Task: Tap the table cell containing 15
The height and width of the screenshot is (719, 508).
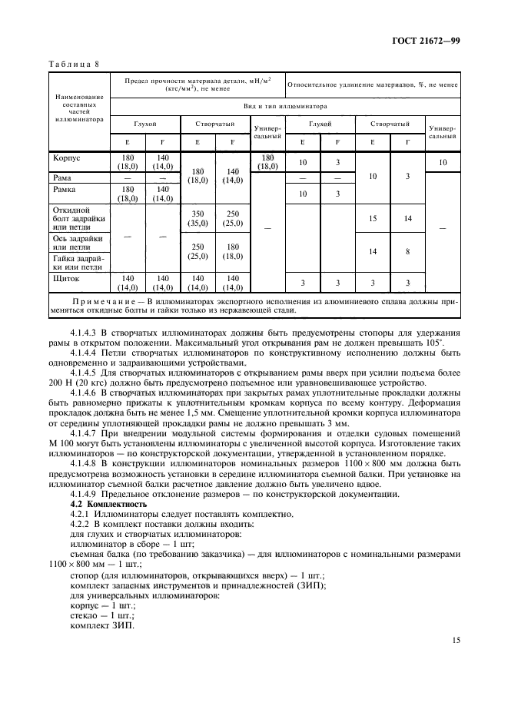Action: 373,219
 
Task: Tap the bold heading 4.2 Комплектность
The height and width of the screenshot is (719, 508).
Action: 108,504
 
